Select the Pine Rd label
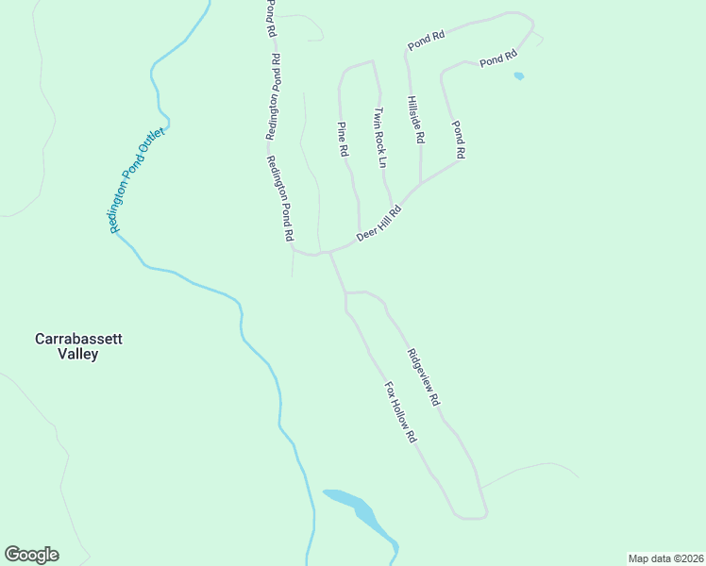click(x=344, y=138)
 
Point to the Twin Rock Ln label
click(x=379, y=137)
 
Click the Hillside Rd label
click(x=415, y=119)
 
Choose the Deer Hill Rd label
click(x=379, y=224)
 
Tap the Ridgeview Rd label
click(x=423, y=377)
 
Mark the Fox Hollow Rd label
click(x=400, y=412)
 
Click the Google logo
click(x=31, y=555)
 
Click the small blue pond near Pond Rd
click(x=518, y=76)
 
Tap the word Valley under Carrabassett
click(x=77, y=355)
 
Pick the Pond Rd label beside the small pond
click(x=497, y=58)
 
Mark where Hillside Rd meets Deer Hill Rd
click(x=419, y=183)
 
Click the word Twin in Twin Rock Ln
click(x=377, y=118)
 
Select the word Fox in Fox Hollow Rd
click(x=390, y=390)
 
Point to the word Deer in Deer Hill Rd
click(x=366, y=233)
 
